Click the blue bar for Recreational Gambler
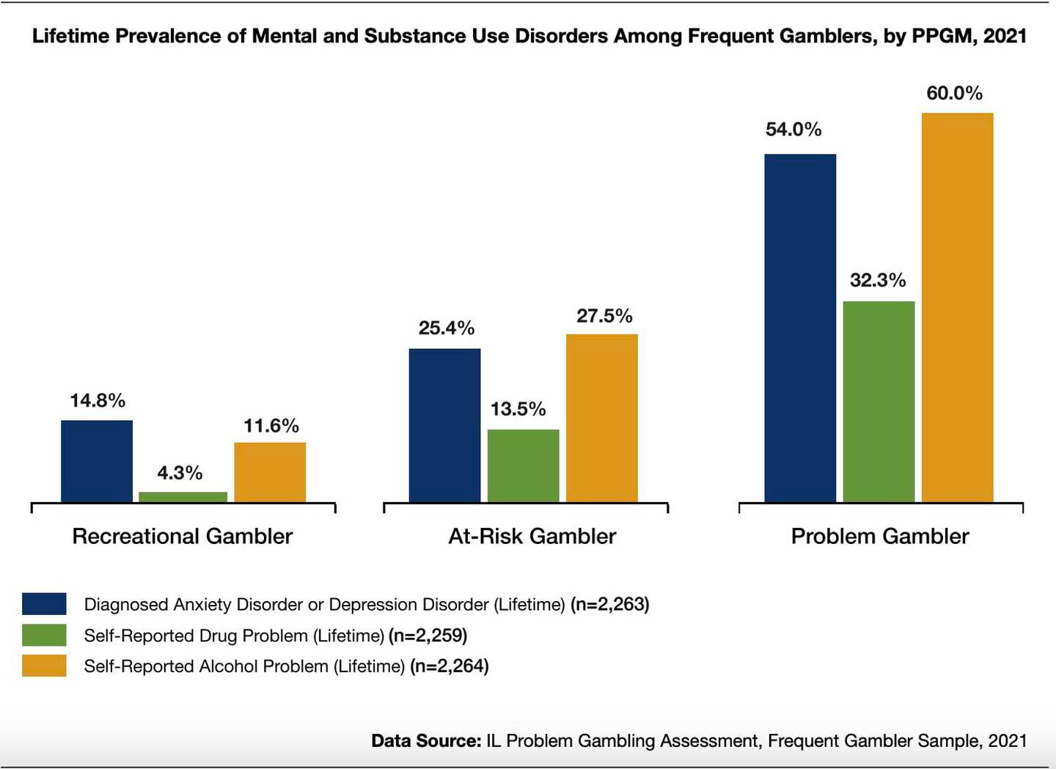point(97,461)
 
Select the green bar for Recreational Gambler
point(183,497)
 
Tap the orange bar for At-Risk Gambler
point(601,418)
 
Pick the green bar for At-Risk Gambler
point(523,466)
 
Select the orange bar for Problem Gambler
point(957,307)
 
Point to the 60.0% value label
point(954,93)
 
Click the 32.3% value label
point(877,280)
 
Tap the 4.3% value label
point(180,473)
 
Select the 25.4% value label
point(446,328)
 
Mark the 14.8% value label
point(98,400)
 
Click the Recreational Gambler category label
point(182,536)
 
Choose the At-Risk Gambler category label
point(532,536)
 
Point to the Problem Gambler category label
point(879,536)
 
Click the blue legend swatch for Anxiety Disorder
point(44,604)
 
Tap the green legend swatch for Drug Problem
point(44,635)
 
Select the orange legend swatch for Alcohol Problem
point(44,666)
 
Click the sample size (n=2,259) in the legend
point(428,635)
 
